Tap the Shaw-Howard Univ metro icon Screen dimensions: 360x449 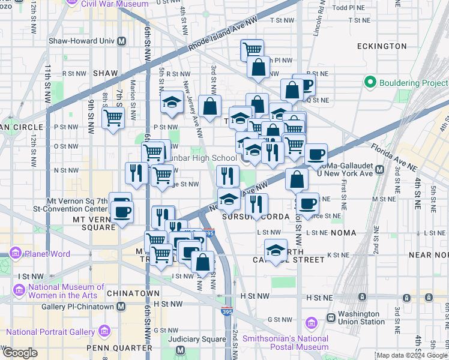pyautogui.click(x=122, y=41)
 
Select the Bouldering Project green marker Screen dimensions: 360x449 pyautogui.click(x=369, y=82)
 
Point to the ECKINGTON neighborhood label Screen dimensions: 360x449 pyautogui.click(x=381, y=46)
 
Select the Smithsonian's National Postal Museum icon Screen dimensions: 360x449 pyautogui.click(x=311, y=324)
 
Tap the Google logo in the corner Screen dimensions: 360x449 pyautogui.click(x=19, y=353)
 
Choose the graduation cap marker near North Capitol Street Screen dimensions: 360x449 pyautogui.click(x=276, y=250)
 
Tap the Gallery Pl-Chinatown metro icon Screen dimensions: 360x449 pyautogui.click(x=121, y=307)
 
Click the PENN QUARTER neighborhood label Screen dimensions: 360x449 pyautogui.click(x=119, y=348)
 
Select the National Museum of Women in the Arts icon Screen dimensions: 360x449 pyautogui.click(x=19, y=291)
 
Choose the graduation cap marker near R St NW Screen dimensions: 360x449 pyautogui.click(x=172, y=101)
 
